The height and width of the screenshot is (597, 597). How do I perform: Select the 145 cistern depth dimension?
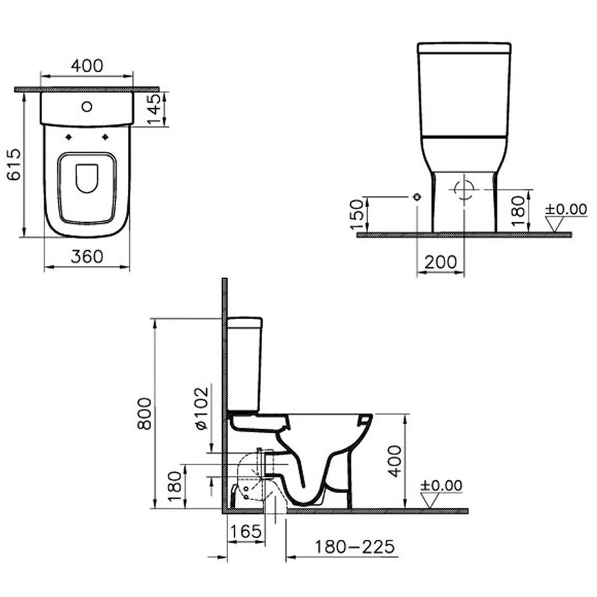(155, 108)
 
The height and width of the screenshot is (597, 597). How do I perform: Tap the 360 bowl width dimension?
(87, 257)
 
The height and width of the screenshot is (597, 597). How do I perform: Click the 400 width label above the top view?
(87, 66)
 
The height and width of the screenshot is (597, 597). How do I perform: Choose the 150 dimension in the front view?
(356, 213)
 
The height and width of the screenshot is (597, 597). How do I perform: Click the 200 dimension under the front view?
(441, 262)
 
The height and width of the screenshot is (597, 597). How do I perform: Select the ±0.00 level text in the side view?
(441, 486)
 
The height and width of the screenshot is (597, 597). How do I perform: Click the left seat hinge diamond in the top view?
(70, 137)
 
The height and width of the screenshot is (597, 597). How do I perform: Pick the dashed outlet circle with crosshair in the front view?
(464, 189)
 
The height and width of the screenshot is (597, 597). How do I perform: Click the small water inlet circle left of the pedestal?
(417, 197)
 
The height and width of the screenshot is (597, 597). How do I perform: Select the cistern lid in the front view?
(464, 48)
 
